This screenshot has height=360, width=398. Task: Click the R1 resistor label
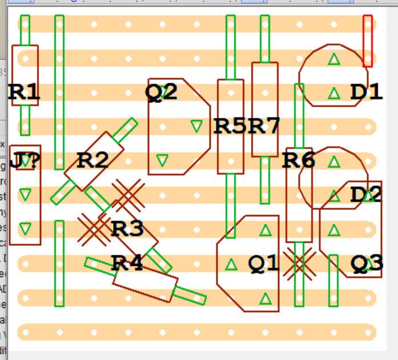pyautogui.click(x=25, y=93)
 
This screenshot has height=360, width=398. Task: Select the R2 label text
pyautogui.click(x=93, y=160)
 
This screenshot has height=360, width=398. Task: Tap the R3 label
pyautogui.click(x=127, y=229)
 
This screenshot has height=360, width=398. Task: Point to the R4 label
pyautogui.click(x=127, y=263)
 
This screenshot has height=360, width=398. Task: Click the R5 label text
pyautogui.click(x=230, y=126)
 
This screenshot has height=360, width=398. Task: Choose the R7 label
pyautogui.click(x=264, y=126)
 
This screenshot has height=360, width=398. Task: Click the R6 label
pyautogui.click(x=298, y=160)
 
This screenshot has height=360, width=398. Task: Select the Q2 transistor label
pyautogui.click(x=162, y=92)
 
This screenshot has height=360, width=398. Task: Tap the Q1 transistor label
pyautogui.click(x=264, y=263)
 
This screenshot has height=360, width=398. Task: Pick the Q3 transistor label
pyautogui.click(x=366, y=263)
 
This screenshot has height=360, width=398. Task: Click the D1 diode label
pyautogui.click(x=366, y=92)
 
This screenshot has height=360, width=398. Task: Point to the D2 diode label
pyautogui.click(x=366, y=195)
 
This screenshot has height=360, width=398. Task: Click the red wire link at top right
pyautogui.click(x=368, y=41)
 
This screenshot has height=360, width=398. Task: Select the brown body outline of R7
pyautogui.click(x=265, y=74)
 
